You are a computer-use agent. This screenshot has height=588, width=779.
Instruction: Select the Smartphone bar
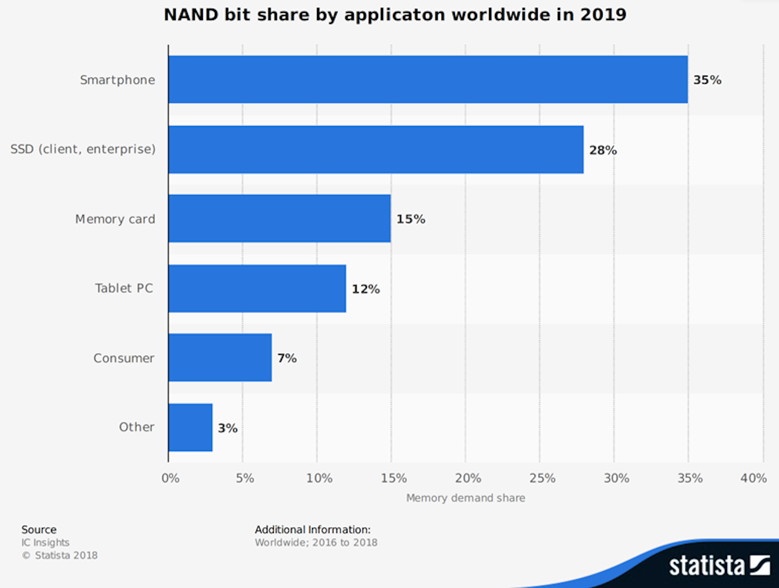click(427, 80)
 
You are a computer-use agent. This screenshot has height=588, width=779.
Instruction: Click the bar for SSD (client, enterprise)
click(375, 149)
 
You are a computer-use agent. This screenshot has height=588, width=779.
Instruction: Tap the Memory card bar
click(279, 219)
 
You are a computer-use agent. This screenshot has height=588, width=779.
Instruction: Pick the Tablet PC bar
click(257, 288)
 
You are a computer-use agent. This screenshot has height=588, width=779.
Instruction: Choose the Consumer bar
click(220, 358)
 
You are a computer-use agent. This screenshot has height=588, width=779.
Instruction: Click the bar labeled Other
click(190, 427)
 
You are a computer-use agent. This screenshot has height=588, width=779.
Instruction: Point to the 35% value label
click(707, 80)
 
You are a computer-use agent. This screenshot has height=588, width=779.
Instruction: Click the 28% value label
click(603, 150)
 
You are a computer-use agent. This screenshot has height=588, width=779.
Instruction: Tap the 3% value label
click(227, 428)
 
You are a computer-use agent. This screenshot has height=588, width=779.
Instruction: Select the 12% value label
click(366, 289)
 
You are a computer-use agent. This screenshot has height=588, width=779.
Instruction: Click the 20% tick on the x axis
click(467, 478)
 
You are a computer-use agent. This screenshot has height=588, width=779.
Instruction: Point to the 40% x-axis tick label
click(753, 478)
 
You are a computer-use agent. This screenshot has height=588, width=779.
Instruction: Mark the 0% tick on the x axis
click(170, 478)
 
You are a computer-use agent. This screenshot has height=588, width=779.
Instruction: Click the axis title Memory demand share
click(465, 498)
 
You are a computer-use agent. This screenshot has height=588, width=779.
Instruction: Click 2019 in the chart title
click(603, 15)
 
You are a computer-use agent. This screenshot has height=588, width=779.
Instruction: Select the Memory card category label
click(115, 219)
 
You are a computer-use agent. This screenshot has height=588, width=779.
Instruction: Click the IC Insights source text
click(45, 543)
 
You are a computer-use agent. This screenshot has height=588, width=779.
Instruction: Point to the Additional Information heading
click(313, 530)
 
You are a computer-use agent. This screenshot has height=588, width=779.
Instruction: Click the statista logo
click(719, 566)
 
